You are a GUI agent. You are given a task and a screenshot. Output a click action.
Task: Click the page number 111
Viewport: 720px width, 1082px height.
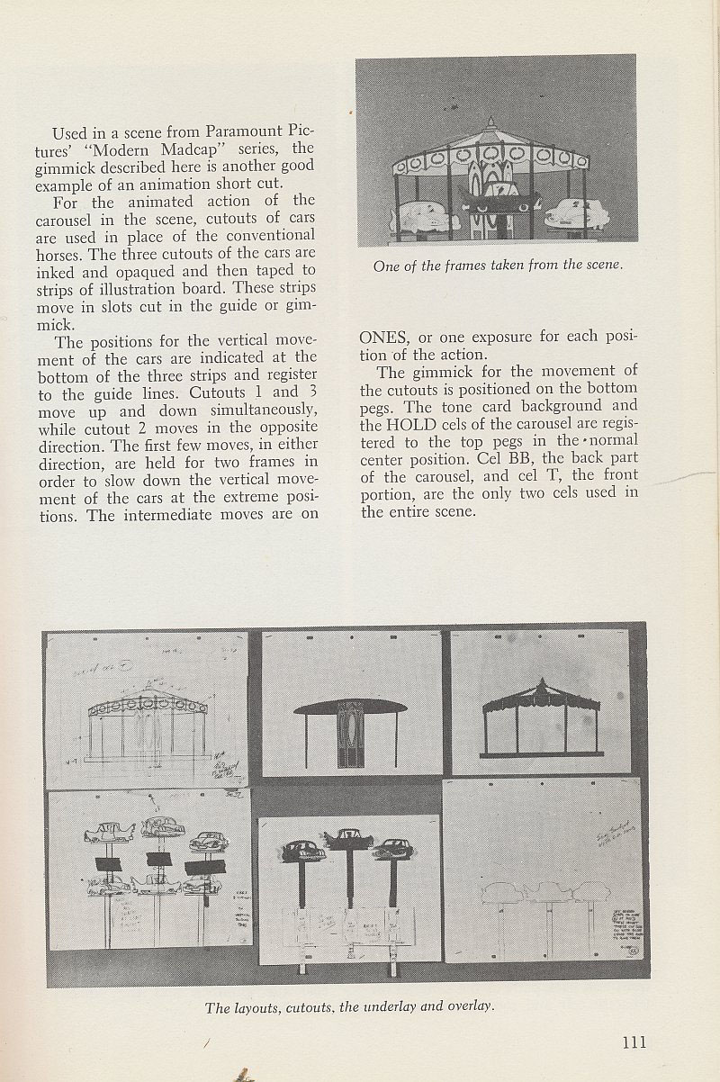(x=634, y=1042)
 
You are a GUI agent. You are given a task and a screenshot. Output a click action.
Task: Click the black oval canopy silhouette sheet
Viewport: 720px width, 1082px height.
(x=350, y=708)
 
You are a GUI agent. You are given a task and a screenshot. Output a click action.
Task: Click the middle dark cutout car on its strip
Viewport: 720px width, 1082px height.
(x=349, y=839)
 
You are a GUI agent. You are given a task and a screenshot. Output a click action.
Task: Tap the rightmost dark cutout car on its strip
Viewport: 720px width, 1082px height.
(x=393, y=849)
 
